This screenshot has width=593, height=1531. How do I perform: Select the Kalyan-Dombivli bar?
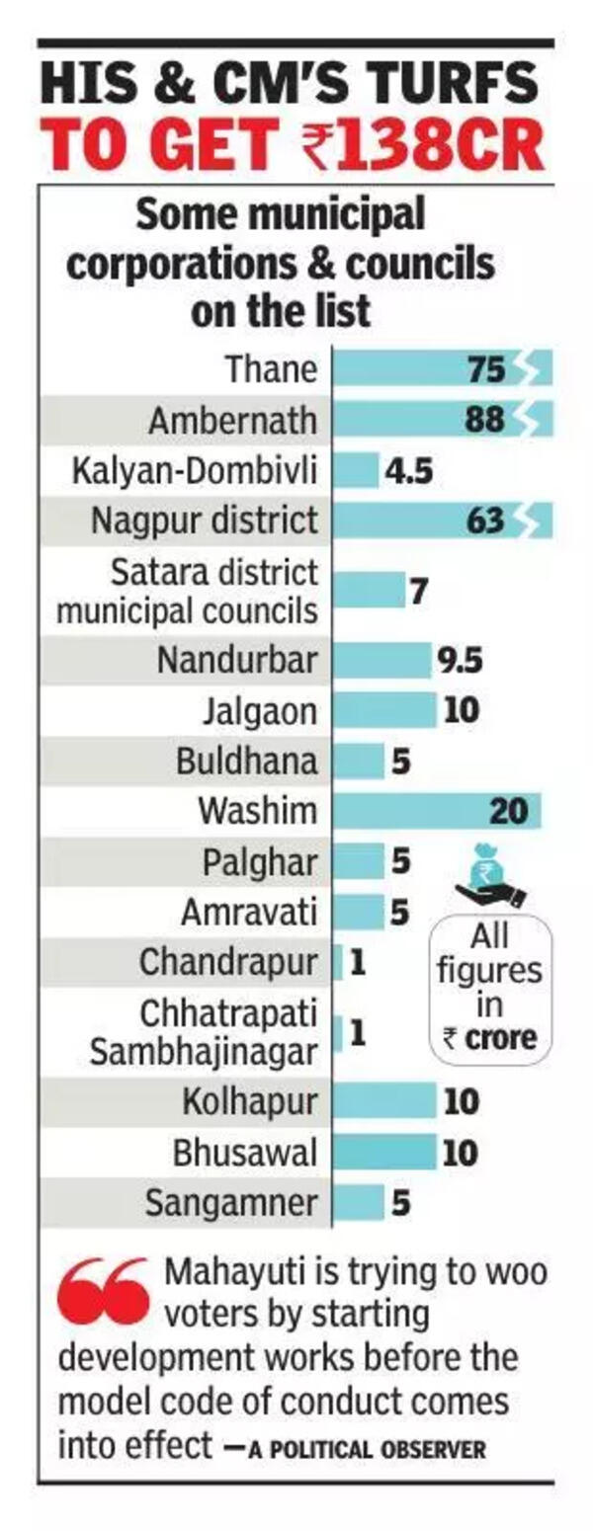coord(356,470)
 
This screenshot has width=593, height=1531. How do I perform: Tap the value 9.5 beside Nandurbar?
coord(460,660)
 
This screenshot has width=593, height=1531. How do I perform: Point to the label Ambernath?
coord(233,421)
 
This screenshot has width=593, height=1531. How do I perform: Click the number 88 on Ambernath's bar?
coord(484,420)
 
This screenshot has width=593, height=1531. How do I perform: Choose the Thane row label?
coord(272,369)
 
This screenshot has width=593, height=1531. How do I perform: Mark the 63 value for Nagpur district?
coord(485,521)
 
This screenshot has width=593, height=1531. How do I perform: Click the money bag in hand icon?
coord(490,875)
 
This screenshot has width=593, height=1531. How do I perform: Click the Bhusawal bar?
coord(384,1153)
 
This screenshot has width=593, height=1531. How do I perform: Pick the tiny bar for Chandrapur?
coord(338,962)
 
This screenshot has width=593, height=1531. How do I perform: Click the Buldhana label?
coord(247,762)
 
